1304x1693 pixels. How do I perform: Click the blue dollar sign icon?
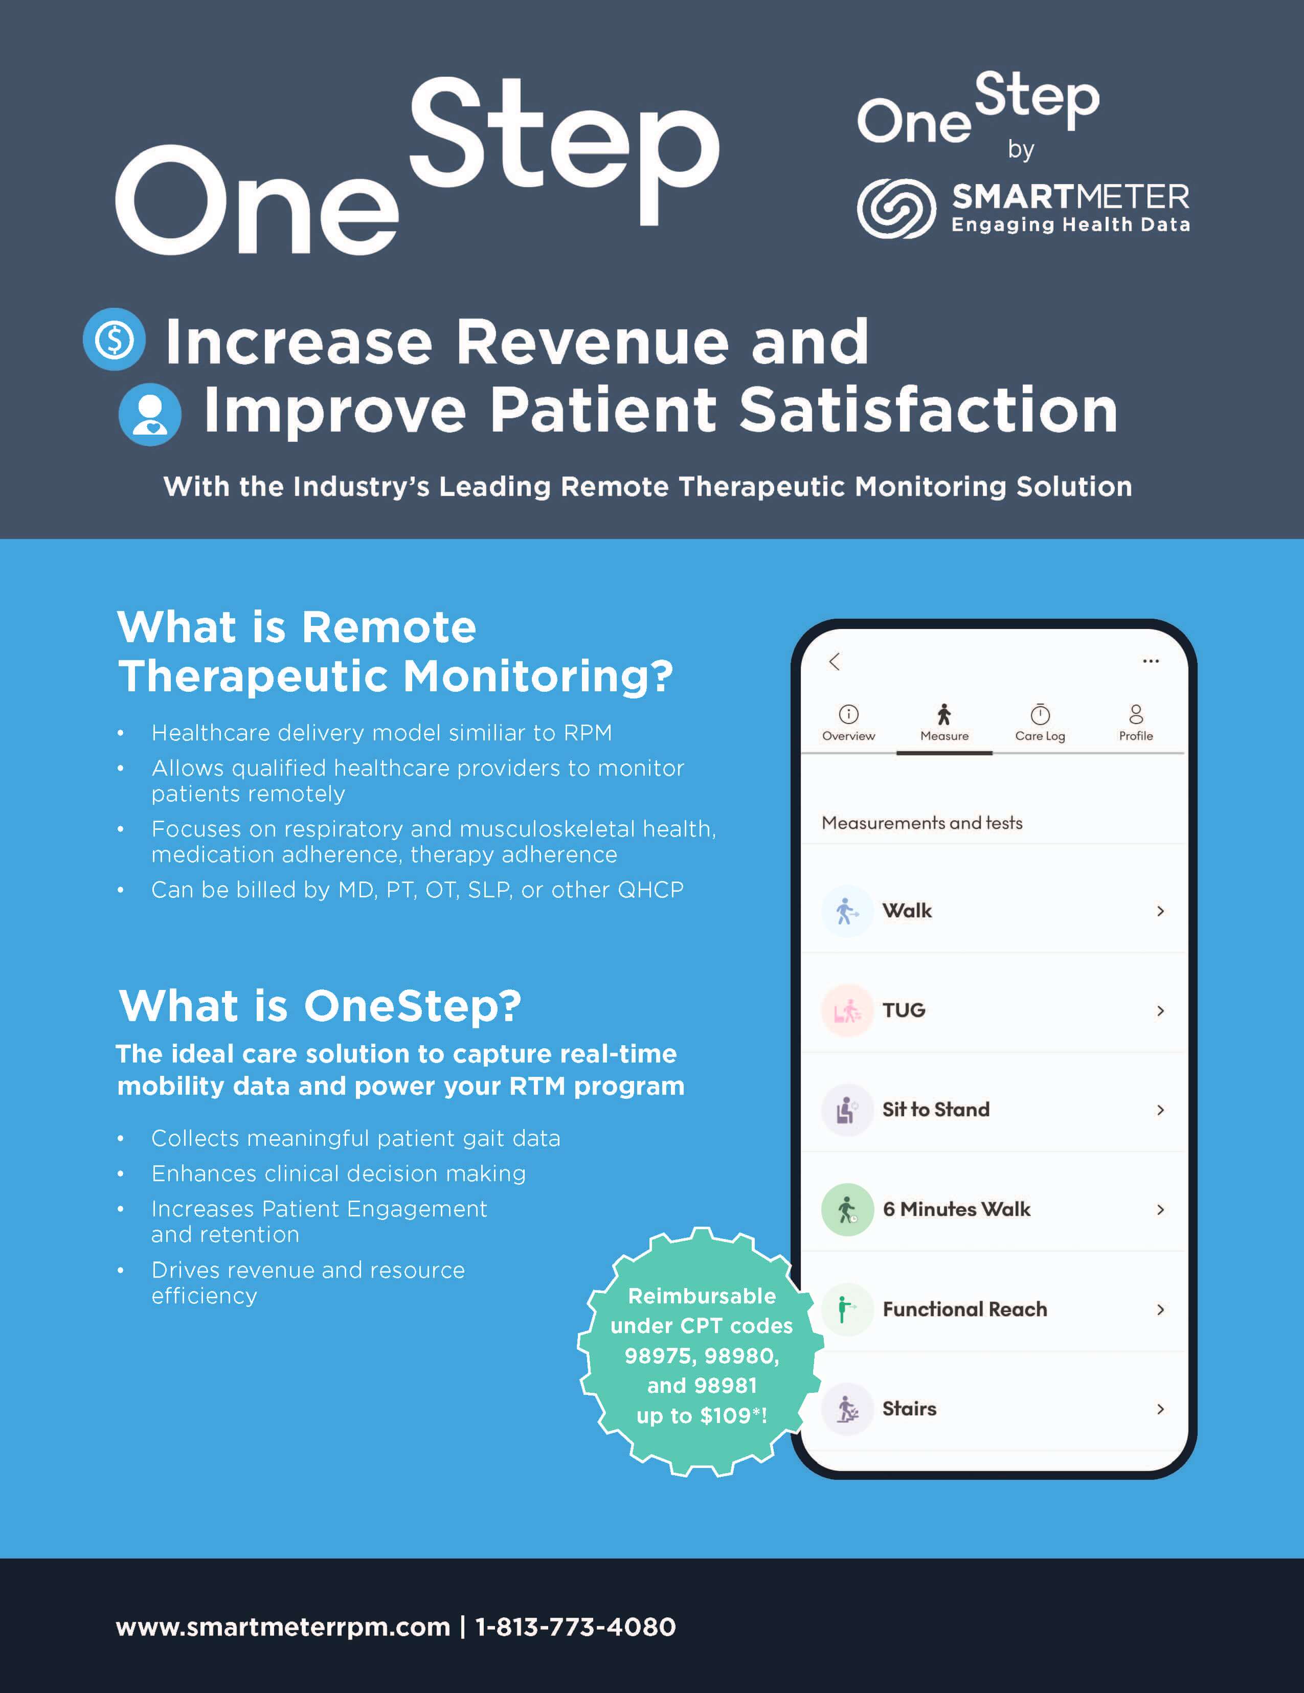point(114,340)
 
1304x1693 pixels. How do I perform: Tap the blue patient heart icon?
point(150,415)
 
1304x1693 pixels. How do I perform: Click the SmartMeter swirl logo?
point(896,208)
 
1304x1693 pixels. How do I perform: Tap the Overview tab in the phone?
point(848,723)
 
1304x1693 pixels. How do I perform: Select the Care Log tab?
point(1040,723)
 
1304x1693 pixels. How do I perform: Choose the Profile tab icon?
point(1136,713)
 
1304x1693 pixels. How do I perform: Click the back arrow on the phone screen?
point(834,661)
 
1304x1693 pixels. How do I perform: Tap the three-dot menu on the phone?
point(1151,661)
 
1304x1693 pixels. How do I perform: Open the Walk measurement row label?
point(907,911)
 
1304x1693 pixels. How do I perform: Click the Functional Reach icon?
point(847,1310)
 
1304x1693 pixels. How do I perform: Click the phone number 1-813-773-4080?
point(575,1627)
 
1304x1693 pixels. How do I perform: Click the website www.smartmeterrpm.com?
point(283,1627)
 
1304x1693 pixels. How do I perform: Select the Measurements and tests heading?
point(922,823)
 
